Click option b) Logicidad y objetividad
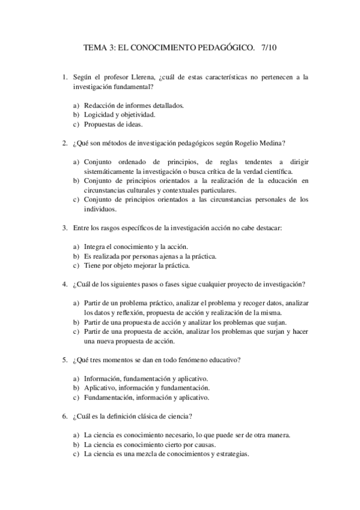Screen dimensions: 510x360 (x=112, y=114)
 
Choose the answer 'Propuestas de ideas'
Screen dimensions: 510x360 (x=113, y=124)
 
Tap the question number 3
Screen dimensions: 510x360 (x=64, y=229)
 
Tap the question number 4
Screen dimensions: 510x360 (x=64, y=284)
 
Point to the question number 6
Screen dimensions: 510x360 (x=64, y=416)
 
